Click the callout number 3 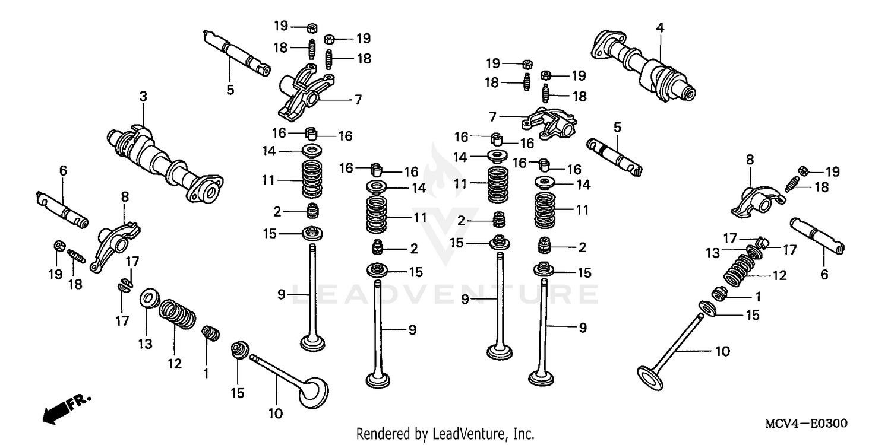pos(143,96)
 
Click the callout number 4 pos(660,27)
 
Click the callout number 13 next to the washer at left pos(146,344)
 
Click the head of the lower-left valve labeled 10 pos(312,393)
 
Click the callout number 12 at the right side pos(779,275)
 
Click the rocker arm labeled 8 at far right pos(753,202)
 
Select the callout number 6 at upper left pos(63,171)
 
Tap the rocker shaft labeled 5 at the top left pos(235,52)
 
